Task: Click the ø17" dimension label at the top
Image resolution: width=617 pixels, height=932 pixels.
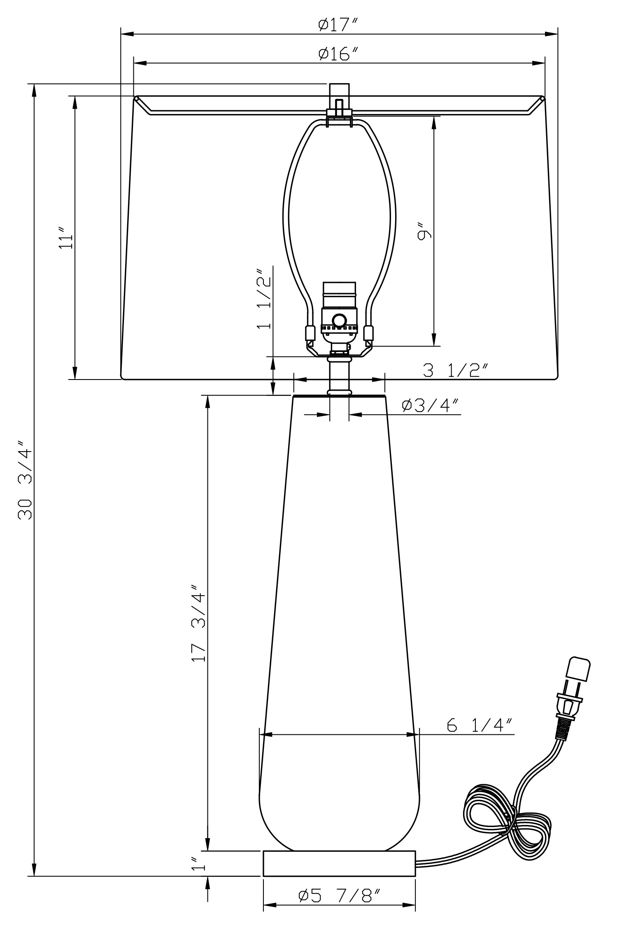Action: click(339, 26)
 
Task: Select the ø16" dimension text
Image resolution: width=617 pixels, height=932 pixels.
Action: click(339, 54)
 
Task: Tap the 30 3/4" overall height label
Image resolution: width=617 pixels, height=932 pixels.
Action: click(25, 480)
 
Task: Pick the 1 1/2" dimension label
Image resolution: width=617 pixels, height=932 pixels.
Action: click(264, 299)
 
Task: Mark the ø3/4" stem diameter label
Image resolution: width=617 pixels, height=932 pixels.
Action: click(431, 405)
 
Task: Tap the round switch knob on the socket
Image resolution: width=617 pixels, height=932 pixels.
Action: click(339, 320)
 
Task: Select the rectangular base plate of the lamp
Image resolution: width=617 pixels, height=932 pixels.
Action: click(340, 864)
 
